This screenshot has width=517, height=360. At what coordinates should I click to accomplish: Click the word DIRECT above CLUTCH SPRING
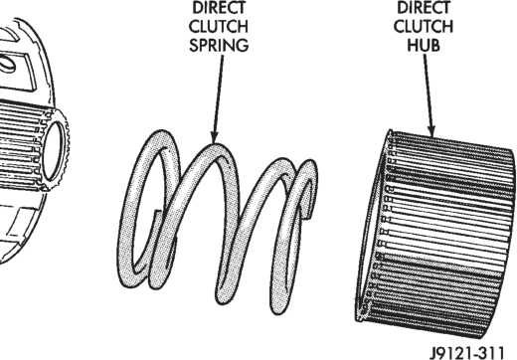pos(219,8)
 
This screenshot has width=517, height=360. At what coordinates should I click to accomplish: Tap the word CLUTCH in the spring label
pos(219,26)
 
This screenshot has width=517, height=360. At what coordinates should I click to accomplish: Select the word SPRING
pos(219,45)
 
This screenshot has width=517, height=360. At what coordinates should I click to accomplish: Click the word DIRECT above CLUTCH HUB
pos(424,8)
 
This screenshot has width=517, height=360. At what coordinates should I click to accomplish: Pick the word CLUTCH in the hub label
pos(424,26)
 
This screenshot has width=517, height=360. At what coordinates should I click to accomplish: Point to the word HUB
pos(424,45)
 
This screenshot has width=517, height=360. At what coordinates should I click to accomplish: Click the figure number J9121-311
pos(467,353)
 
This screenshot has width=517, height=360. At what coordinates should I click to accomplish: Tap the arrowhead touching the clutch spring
pos(214,136)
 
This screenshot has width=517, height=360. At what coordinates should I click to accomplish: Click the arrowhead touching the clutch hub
pos(431,130)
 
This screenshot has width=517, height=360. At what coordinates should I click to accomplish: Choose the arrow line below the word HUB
pos(429,95)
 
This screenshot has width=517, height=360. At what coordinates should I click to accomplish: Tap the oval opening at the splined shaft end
pos(53,151)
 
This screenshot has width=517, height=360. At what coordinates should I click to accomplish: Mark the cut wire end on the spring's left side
pos(157,213)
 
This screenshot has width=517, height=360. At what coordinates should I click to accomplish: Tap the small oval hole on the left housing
pos(7,64)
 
